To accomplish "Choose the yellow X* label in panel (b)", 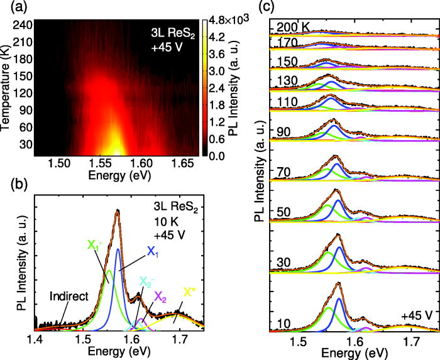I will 189,292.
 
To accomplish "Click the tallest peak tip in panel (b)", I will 117,212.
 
